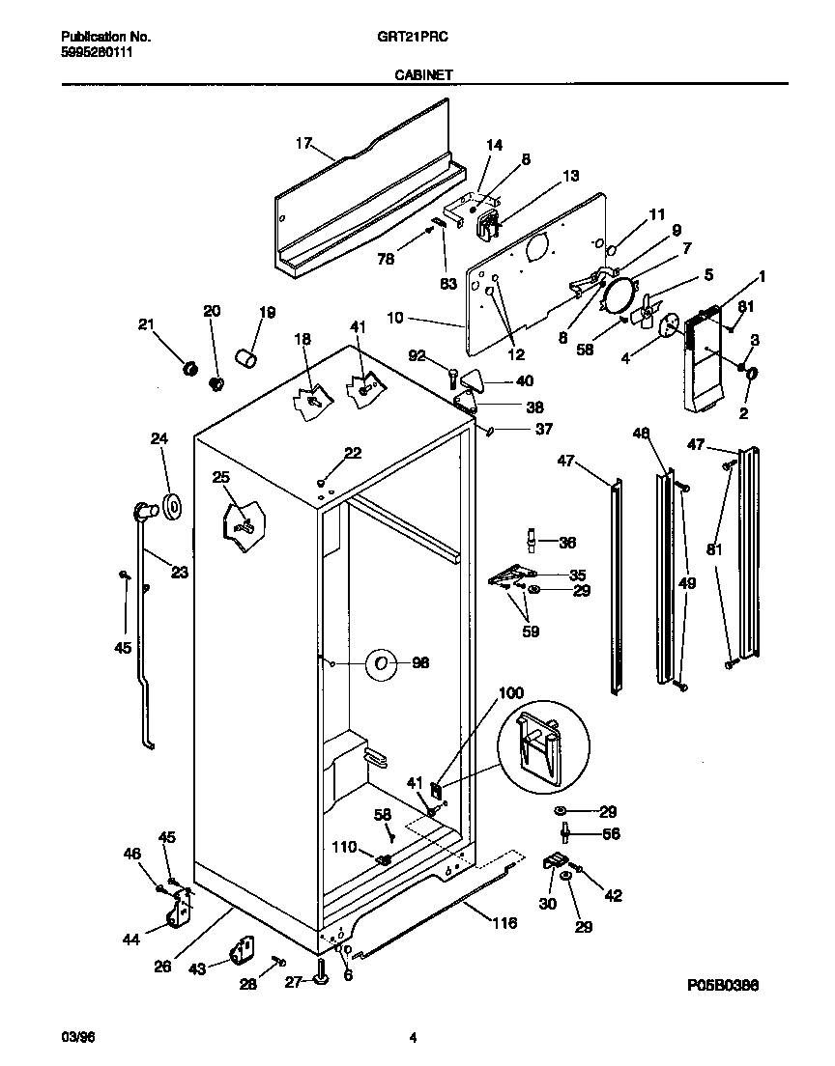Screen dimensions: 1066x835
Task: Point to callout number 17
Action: point(303,144)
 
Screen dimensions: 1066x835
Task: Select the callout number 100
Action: point(511,693)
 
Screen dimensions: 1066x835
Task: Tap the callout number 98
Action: point(420,663)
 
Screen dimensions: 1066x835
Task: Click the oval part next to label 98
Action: point(382,663)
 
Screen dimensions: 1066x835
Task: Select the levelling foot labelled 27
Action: point(322,980)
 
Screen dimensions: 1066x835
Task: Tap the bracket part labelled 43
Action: point(241,951)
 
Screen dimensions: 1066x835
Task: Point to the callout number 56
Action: point(610,834)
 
